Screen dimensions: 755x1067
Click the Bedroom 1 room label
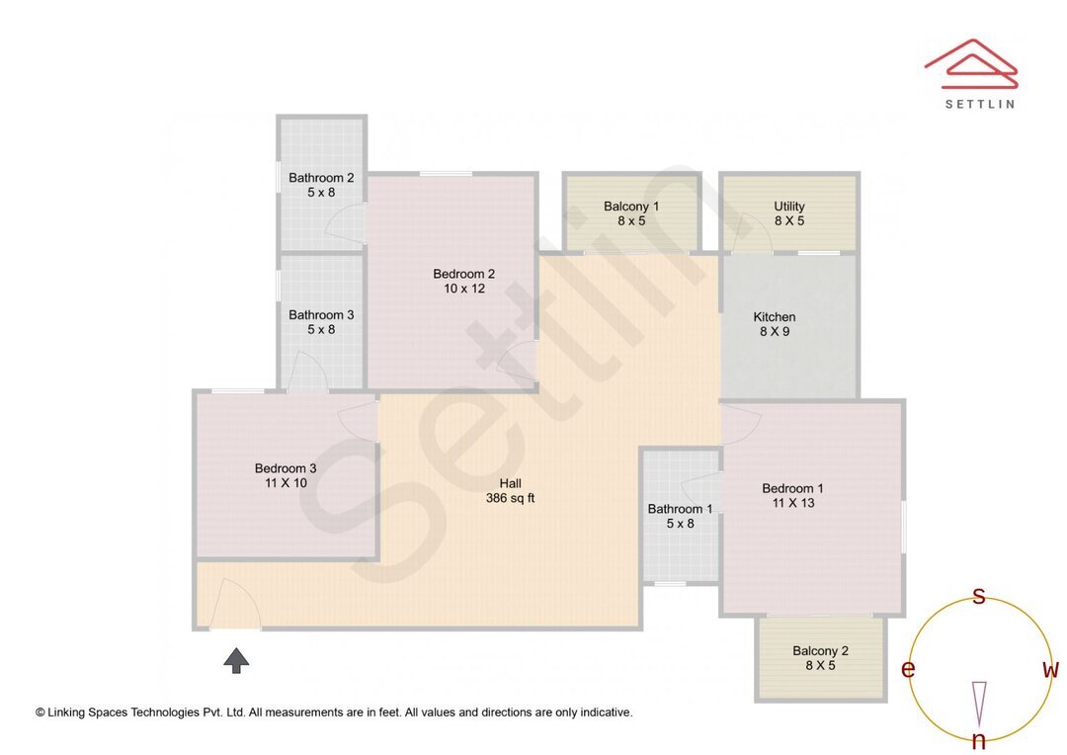(792, 488)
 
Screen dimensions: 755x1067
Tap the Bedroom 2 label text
(463, 274)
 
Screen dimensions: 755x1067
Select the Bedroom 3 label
(286, 468)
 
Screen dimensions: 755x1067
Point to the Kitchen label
(775, 317)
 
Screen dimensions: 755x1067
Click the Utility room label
(788, 207)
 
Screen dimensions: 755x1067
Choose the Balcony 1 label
(631, 207)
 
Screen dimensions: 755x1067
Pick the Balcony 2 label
(820, 651)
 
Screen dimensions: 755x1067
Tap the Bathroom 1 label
(680, 509)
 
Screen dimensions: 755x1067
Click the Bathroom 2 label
(321, 178)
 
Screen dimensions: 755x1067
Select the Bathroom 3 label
(321, 315)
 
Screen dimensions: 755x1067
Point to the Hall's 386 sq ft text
(510, 498)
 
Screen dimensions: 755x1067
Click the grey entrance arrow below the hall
(235, 660)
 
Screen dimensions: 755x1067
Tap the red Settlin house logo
(971, 64)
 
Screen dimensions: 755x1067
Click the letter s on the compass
(979, 596)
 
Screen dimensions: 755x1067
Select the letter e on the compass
(908, 670)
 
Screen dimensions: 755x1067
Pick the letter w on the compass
(1050, 670)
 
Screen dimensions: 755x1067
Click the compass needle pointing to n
(979, 703)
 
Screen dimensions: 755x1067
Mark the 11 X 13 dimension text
(792, 503)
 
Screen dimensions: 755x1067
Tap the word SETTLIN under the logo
(979, 103)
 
